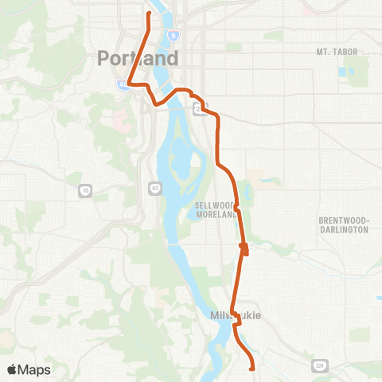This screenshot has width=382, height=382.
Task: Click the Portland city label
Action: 138,59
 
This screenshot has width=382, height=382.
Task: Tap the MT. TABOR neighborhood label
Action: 333,52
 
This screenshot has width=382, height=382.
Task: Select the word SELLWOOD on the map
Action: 212,205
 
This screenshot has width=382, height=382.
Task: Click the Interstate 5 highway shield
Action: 174,36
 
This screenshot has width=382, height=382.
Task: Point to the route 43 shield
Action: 154,186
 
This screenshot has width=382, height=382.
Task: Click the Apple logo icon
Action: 13,369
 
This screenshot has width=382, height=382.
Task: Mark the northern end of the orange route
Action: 149,12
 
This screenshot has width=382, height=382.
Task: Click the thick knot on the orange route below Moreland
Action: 244,250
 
